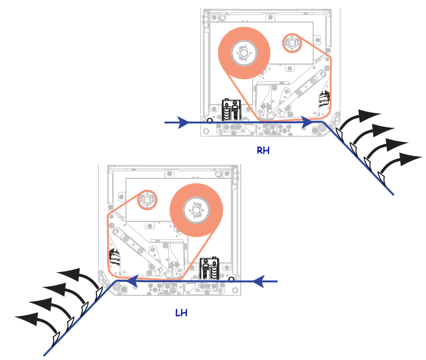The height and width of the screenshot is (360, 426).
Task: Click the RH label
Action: [x=263, y=150]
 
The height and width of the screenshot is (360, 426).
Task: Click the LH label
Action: [x=181, y=313]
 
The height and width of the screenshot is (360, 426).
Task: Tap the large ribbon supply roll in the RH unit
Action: [x=244, y=53]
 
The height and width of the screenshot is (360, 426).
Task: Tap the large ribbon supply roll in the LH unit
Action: [x=196, y=210]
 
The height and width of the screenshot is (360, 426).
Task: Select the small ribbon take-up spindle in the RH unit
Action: [x=292, y=43]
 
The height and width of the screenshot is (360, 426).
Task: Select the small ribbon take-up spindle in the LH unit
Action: [x=147, y=200]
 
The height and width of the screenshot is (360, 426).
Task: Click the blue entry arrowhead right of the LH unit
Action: [x=259, y=281]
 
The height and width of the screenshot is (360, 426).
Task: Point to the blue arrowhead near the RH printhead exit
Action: [x=308, y=122]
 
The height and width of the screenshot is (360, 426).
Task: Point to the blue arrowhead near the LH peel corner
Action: [x=132, y=281]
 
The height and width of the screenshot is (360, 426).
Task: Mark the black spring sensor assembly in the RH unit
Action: [x=232, y=110]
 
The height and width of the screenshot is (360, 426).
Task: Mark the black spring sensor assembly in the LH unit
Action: [x=209, y=268]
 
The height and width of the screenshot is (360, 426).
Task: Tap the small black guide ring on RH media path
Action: [x=209, y=121]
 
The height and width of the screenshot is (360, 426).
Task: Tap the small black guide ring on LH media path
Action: [x=231, y=280]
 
